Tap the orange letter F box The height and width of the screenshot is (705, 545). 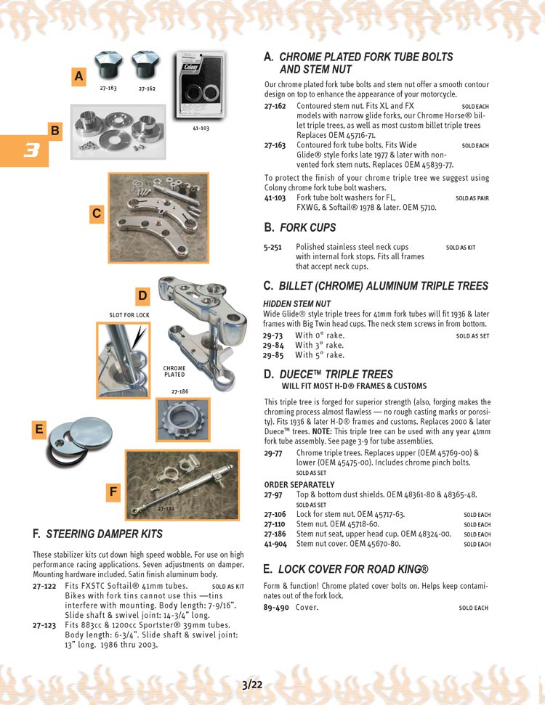pos(113,492)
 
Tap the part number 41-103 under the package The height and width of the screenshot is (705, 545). pos(201,128)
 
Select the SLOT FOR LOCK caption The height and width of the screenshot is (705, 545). pos(129,315)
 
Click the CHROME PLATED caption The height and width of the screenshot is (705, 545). pos(174,372)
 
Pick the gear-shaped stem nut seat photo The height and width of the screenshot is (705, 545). pos(182,420)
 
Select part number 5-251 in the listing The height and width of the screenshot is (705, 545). pos(273,248)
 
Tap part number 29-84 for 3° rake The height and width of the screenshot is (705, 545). pos(273,346)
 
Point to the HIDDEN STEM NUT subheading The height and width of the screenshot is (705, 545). pos(296,303)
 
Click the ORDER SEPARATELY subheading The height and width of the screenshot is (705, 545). pos(299,485)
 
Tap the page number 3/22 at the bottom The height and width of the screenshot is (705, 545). pos(252,684)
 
